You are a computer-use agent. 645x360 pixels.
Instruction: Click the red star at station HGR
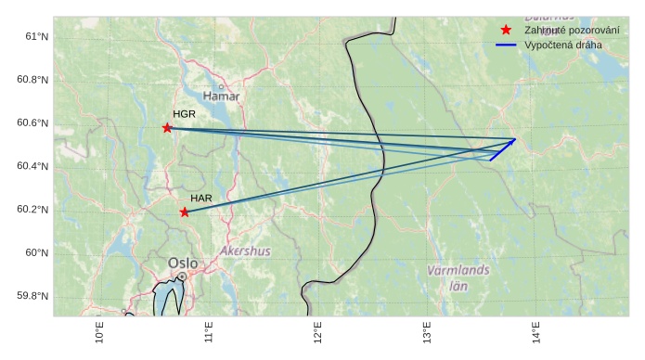pyautogui.click(x=167, y=128)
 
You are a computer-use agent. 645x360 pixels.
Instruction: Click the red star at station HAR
pyautogui.click(x=185, y=212)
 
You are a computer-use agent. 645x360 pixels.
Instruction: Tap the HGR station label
pyautogui.click(x=184, y=114)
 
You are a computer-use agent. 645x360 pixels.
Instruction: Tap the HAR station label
pyautogui.click(x=201, y=199)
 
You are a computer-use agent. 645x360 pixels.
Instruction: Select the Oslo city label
pyautogui.click(x=183, y=264)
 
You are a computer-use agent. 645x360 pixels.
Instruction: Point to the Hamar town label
pyautogui.click(x=221, y=96)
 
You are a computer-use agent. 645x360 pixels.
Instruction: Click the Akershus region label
pyautogui.click(x=246, y=251)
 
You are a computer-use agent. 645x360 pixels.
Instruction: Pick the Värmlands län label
pyautogui.click(x=458, y=277)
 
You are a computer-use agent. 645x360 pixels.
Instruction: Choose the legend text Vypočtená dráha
pyautogui.click(x=562, y=45)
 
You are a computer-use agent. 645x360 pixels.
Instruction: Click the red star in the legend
pyautogui.click(x=506, y=31)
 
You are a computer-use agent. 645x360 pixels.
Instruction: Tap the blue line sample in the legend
pyautogui.click(x=506, y=45)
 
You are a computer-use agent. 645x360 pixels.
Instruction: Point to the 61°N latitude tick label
pyautogui.click(x=36, y=36)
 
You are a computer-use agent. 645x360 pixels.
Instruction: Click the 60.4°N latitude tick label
pyautogui.click(x=32, y=166)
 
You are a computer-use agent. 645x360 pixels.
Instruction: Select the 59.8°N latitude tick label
pyautogui.click(x=32, y=296)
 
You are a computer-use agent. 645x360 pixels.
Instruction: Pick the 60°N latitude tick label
pyautogui.click(x=36, y=252)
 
